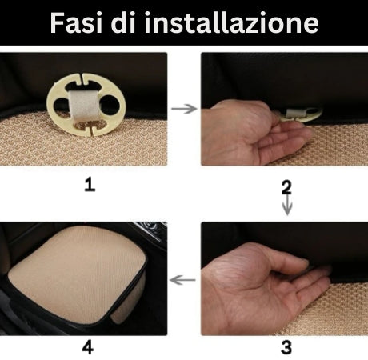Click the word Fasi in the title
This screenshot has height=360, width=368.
click(x=76, y=22)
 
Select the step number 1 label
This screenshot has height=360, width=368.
click(x=90, y=185)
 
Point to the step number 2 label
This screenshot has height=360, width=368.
click(x=286, y=187)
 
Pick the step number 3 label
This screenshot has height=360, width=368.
click(x=286, y=348)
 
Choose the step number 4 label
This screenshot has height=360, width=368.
click(x=88, y=348)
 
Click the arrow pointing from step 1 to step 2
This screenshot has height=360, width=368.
click(x=184, y=109)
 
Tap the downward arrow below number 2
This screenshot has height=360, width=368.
click(x=287, y=205)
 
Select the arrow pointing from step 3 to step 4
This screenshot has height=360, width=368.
click(x=182, y=280)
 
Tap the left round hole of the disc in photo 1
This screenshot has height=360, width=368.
click(x=61, y=106)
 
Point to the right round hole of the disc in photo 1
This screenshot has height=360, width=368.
click(x=110, y=105)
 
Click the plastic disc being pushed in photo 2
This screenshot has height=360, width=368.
click(x=301, y=114)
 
